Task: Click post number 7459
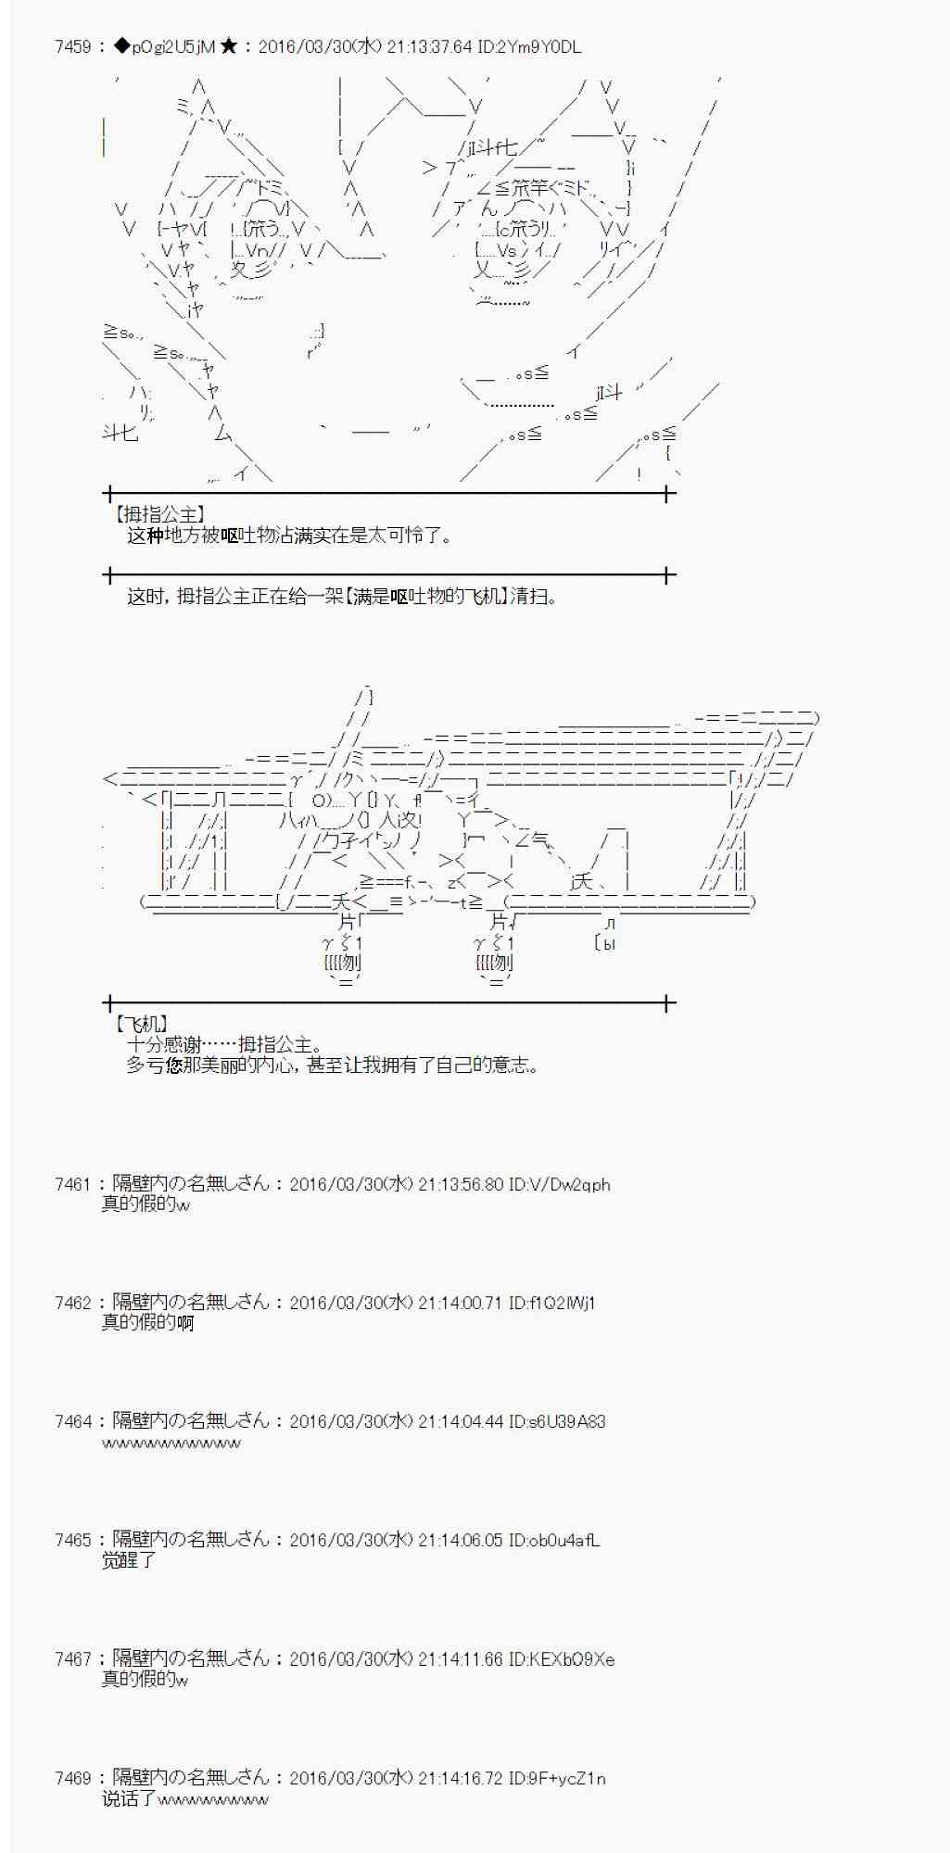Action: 72,47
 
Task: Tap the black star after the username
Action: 229,47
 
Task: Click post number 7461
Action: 72,1184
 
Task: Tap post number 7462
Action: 72,1303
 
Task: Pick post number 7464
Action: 72,1421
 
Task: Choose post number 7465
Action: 72,1540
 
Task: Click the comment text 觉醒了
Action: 129,1560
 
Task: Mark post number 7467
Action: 72,1658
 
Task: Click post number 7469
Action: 72,1778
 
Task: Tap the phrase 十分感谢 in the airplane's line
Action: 164,1045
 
